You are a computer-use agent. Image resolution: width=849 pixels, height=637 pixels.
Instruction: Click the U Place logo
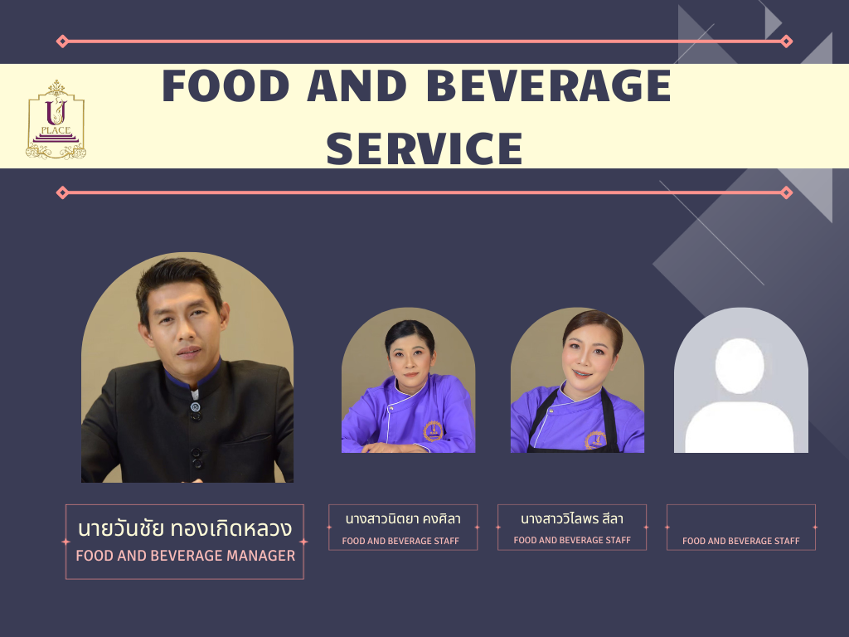pyautogui.click(x=56, y=119)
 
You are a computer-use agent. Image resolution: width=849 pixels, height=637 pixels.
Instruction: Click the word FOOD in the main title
pyautogui.click(x=226, y=85)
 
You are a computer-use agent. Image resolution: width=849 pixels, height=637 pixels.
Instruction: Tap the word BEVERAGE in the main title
pyautogui.click(x=549, y=85)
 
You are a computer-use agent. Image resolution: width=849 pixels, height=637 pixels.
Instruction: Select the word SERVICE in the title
pyautogui.click(x=424, y=148)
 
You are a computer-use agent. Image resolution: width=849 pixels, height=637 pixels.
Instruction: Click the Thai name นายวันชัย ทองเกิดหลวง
pyautogui.click(x=185, y=528)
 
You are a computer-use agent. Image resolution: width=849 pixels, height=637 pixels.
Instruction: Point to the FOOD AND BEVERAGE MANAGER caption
pyautogui.click(x=185, y=556)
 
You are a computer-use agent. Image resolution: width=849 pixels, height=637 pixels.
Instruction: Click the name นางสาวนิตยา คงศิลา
pyautogui.click(x=403, y=519)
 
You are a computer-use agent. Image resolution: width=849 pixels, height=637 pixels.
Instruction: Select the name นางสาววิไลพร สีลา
pyautogui.click(x=572, y=518)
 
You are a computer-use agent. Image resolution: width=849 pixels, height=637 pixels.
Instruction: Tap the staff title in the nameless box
pyautogui.click(x=740, y=541)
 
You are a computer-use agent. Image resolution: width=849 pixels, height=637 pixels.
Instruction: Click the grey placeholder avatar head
pyautogui.click(x=740, y=366)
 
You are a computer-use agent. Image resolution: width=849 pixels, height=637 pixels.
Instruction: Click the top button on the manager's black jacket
pyautogui.click(x=196, y=406)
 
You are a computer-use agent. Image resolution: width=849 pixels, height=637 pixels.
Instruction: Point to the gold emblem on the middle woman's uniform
pyautogui.click(x=433, y=431)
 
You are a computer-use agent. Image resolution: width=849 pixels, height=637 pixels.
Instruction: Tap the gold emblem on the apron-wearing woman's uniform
pyautogui.click(x=595, y=440)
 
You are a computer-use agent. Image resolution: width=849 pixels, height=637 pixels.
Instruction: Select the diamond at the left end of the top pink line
pyautogui.click(x=62, y=41)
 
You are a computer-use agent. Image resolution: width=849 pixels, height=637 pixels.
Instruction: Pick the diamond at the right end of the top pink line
pyautogui.click(x=787, y=41)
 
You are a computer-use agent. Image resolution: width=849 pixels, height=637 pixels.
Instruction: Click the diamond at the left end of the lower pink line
pyautogui.click(x=62, y=192)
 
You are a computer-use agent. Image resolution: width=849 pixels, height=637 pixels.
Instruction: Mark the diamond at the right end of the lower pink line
pyautogui.click(x=787, y=192)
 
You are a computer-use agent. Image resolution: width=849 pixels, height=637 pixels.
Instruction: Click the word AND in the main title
pyautogui.click(x=357, y=85)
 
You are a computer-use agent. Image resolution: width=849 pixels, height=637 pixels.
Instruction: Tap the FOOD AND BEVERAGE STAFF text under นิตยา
pyautogui.click(x=400, y=541)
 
